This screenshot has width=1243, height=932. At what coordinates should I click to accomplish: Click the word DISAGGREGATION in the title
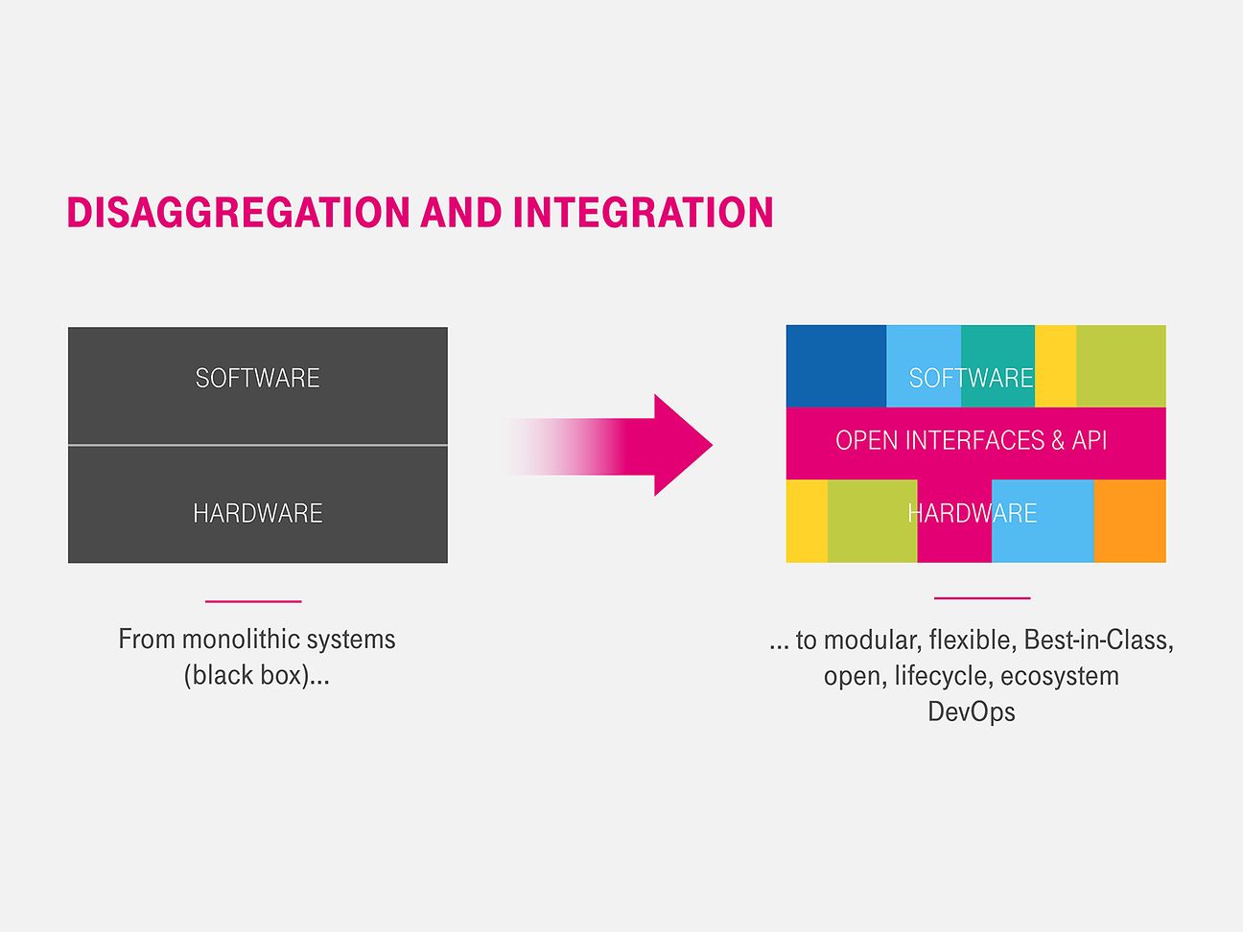click(x=239, y=212)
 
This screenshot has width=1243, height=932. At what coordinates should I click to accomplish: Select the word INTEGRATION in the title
click(x=643, y=212)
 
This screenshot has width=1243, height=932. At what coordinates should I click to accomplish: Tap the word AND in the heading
click(x=461, y=212)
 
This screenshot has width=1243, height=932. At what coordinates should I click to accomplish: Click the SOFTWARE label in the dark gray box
click(x=258, y=378)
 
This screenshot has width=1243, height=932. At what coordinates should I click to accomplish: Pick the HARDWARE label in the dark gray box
click(x=258, y=513)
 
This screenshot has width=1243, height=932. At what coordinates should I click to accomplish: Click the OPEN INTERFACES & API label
click(x=972, y=440)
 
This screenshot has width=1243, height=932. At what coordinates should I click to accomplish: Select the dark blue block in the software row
click(x=835, y=365)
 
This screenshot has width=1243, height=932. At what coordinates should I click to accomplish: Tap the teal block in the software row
click(x=997, y=365)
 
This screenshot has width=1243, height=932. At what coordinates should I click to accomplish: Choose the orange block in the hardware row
click(x=1130, y=522)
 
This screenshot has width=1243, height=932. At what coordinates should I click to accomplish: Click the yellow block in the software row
click(x=1056, y=365)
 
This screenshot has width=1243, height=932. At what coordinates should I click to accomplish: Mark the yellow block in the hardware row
click(x=807, y=522)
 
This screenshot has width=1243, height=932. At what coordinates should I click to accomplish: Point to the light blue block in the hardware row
click(x=1043, y=522)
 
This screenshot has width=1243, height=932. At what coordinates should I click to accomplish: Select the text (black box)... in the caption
click(x=256, y=675)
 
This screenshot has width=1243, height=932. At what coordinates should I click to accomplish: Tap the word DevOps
click(x=972, y=711)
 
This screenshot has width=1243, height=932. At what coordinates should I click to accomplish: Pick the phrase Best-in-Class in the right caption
click(x=1098, y=640)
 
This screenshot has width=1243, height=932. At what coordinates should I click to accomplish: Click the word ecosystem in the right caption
click(x=1060, y=677)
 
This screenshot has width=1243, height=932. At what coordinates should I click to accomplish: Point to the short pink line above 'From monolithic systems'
click(x=253, y=601)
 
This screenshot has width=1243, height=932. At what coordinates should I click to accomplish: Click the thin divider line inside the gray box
click(x=258, y=445)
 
